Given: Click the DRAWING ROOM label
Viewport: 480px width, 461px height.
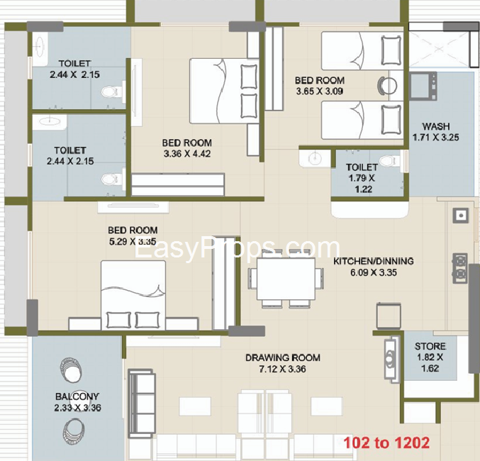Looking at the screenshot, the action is pos(283,357).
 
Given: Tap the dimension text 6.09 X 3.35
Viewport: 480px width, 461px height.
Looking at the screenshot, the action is pos(374,272).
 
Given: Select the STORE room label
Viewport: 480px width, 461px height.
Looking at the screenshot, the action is pos(430,346).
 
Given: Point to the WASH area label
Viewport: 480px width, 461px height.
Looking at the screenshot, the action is pos(436,126).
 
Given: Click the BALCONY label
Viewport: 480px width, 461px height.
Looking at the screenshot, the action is pos(77,396).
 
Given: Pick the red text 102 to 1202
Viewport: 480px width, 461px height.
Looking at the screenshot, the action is pos(386,443).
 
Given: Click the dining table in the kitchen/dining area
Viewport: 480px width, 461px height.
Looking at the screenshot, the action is pos(286,279).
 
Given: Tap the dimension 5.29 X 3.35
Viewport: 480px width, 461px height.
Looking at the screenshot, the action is pos(133,241).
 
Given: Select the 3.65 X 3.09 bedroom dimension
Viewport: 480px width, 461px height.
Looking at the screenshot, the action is pos(319,91).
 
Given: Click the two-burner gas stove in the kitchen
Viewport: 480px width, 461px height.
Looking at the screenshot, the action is pos(460,268).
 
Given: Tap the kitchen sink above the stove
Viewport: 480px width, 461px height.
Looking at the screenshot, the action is pos(460,216).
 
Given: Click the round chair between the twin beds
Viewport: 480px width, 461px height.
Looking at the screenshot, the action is pos(387,85).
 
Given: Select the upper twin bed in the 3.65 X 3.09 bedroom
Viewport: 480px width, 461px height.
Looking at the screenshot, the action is pos(362,51).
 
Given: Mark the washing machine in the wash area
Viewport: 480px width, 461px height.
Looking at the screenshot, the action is pos(423,86).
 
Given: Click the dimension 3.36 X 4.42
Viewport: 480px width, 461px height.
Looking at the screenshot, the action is pos(187,153).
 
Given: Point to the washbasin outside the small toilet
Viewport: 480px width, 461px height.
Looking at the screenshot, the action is pos(314,159).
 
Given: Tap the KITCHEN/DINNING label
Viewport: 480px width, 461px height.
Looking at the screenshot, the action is pos(373,261).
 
